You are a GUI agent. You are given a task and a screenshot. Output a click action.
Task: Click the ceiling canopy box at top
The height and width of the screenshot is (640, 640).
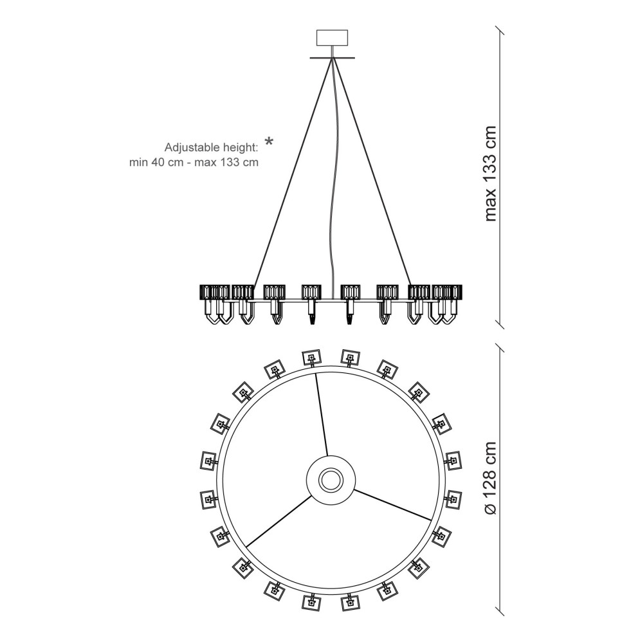332,37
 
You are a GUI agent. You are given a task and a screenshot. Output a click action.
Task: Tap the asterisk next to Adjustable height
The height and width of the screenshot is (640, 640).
269,142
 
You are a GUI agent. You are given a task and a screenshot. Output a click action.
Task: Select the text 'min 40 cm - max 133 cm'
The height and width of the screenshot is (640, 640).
194,163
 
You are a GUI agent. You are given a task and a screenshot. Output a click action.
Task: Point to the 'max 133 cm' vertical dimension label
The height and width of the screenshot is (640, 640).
489,174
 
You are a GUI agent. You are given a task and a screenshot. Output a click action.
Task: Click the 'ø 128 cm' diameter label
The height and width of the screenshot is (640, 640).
489,479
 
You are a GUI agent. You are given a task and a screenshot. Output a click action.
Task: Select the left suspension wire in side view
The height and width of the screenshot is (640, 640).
292,172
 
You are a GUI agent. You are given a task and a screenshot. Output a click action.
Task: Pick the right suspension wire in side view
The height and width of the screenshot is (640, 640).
372,172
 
